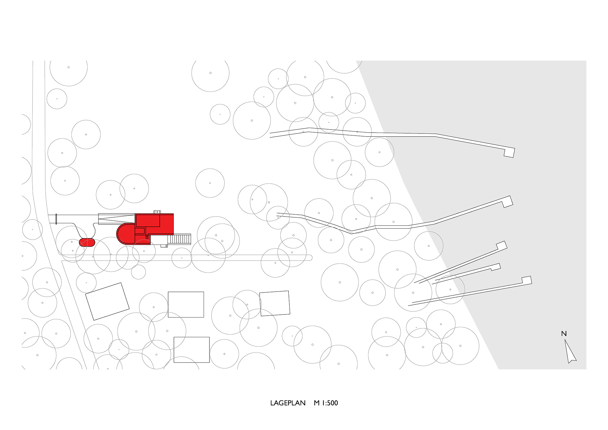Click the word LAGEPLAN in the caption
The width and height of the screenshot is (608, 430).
(x=288, y=403)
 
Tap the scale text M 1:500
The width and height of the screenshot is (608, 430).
(x=326, y=403)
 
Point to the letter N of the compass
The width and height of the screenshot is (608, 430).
(x=564, y=334)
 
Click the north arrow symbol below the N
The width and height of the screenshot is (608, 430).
(x=570, y=353)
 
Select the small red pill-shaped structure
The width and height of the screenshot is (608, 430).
(x=87, y=242)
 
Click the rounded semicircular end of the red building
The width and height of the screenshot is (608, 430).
(x=123, y=234)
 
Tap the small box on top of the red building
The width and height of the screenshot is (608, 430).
(x=157, y=212)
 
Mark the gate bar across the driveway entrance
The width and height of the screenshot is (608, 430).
(x=56, y=219)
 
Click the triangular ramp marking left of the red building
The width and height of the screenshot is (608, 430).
(x=116, y=219)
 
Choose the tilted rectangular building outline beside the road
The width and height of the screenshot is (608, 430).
(x=107, y=301)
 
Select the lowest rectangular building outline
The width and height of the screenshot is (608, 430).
(x=192, y=350)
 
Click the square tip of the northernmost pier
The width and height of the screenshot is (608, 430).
(x=509, y=152)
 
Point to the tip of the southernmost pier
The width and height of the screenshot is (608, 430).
(x=527, y=280)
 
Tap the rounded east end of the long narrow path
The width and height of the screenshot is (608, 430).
(x=310, y=258)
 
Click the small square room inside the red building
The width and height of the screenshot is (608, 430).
(x=140, y=231)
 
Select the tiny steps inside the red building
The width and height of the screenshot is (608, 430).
(x=147, y=237)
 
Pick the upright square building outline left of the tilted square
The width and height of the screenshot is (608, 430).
(x=186, y=304)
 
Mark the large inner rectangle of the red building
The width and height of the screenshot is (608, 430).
(x=148, y=220)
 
